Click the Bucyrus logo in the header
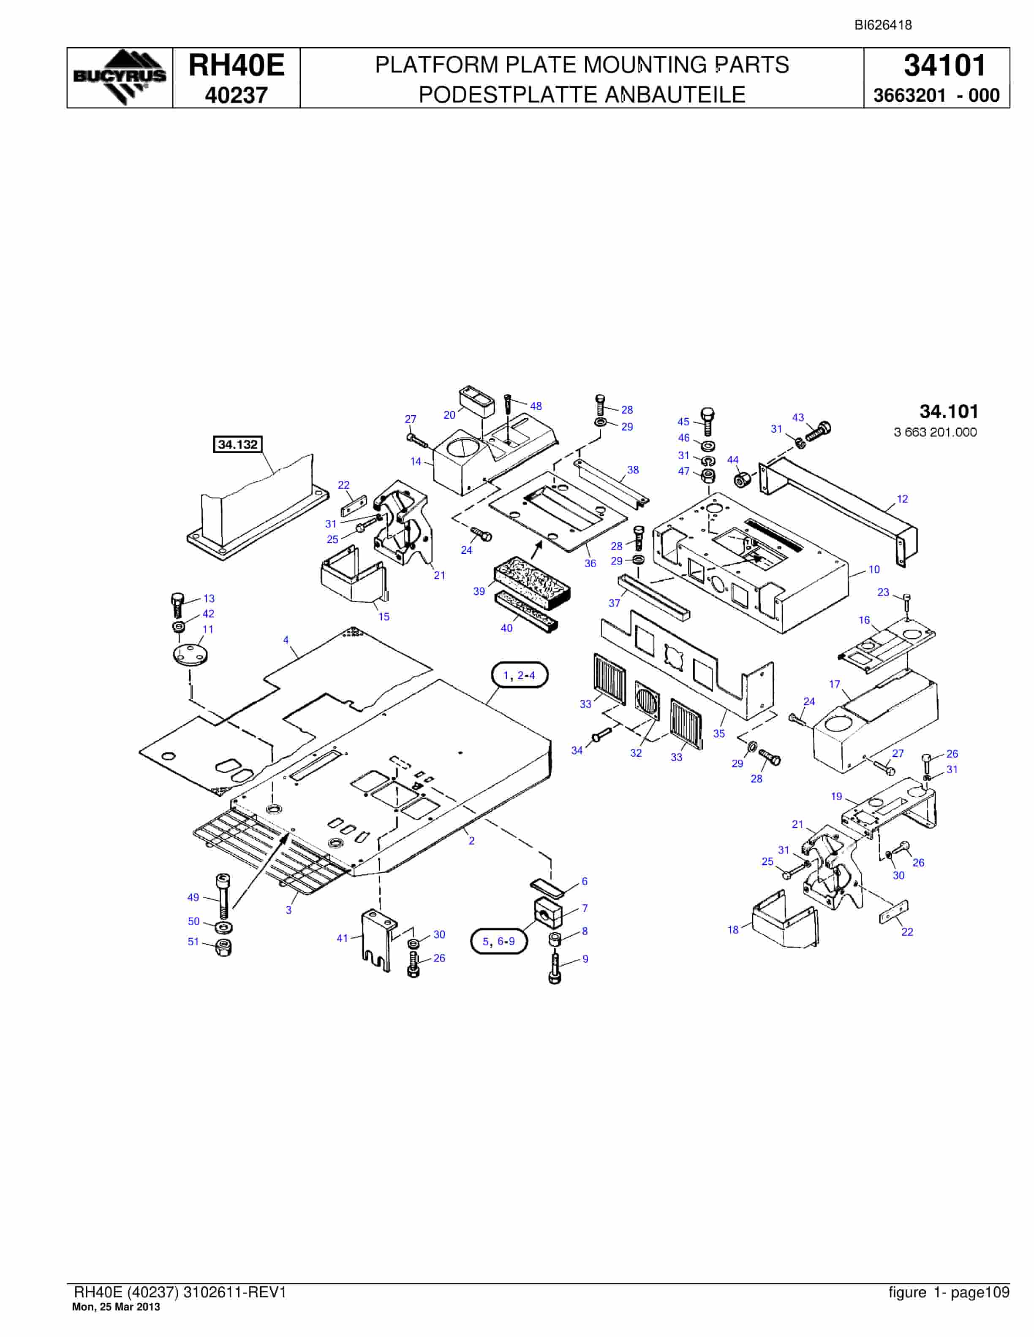[120, 77]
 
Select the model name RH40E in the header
[237, 65]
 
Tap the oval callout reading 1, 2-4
[520, 675]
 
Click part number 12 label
[902, 499]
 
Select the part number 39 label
[479, 591]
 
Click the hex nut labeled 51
[224, 947]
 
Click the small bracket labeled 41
[376, 940]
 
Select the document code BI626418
[883, 25]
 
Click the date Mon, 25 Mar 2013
[117, 1307]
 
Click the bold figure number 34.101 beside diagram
[949, 411]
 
